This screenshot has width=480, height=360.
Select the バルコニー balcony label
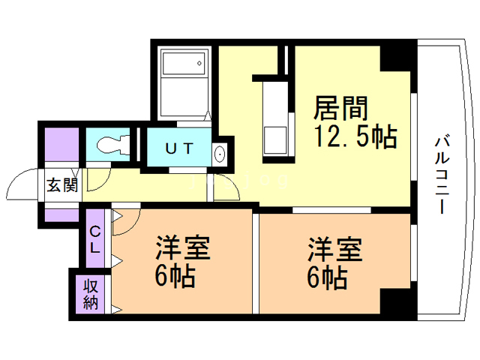(441, 173)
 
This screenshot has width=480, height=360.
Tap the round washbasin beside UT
(220, 154)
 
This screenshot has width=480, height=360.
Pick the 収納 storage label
(91, 293)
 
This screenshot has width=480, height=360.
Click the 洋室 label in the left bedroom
(183, 248)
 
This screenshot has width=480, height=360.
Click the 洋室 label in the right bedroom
(334, 248)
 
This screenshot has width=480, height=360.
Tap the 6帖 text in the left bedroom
(175, 278)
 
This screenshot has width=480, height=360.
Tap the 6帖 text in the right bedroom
(326, 278)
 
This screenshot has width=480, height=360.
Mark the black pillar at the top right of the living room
(397, 57)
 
